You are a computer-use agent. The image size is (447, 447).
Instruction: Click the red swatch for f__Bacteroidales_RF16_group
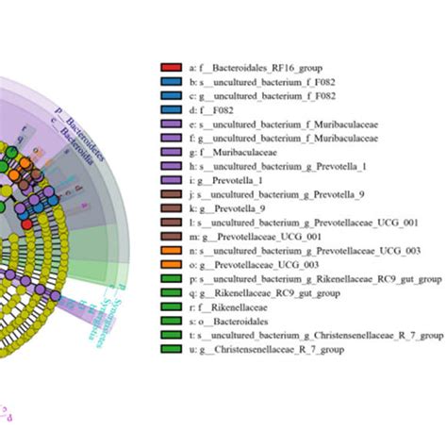[171, 68]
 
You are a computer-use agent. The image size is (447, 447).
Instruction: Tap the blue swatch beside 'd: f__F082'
[171, 109]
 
